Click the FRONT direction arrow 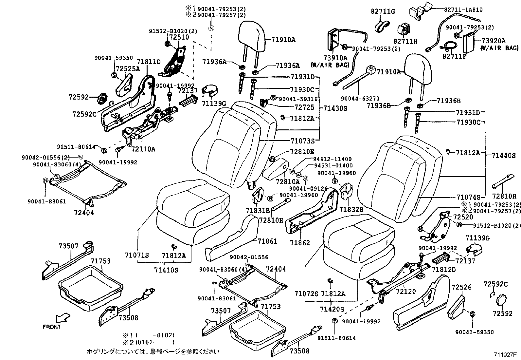pos(63,317)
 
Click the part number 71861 pos(267,241)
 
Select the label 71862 pos(299,242)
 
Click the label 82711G pos(383,12)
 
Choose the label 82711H pos(405,41)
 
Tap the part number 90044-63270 pos(360,98)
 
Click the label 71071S pos(137,255)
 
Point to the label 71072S pos(306,294)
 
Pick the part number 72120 pos(405,291)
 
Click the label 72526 pos(461,287)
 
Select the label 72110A pos(143,149)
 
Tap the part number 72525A pos(128,68)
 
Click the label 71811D pos(149,62)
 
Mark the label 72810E pos(302,152)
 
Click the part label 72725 pos(304,107)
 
